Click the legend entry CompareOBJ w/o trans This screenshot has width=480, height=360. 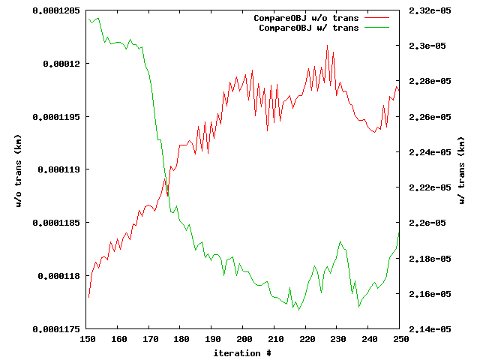pyautogui.click(x=306, y=17)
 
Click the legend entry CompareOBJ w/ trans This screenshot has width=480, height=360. pyautogui.click(x=308, y=27)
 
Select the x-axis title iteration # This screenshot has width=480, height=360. pyautogui.click(x=241, y=352)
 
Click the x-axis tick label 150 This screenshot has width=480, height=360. pyautogui.click(x=88, y=339)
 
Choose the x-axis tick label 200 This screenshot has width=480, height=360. pyautogui.click(x=244, y=339)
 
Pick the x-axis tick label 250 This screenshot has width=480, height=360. pyautogui.click(x=400, y=339)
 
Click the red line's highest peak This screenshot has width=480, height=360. pyautogui.click(x=328, y=45)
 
